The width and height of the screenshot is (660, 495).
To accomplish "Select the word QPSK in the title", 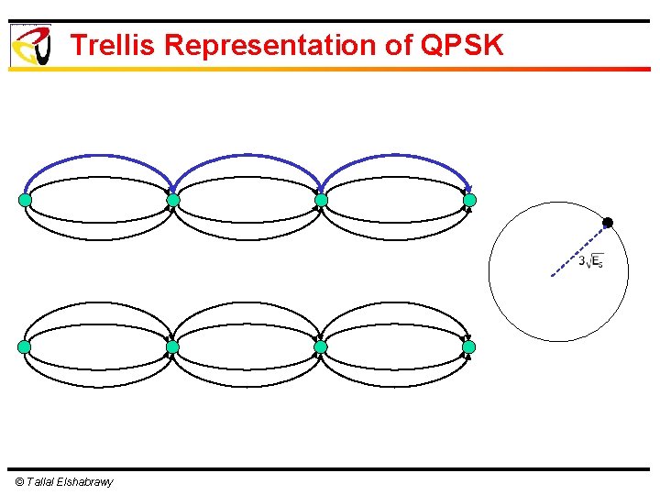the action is pos(463,45).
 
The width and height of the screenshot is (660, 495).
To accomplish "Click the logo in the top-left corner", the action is pos(30,45).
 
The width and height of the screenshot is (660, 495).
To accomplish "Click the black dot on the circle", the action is pos(607,223).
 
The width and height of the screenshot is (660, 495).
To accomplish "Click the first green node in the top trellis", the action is pos(25,200).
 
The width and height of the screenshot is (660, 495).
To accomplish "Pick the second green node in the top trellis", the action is pos(172,200).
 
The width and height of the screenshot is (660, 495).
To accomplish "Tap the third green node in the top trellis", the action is pos(321,200).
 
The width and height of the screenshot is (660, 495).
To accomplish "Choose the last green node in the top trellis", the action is pos(469,200).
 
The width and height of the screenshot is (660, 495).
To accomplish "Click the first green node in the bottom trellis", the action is pos(25,347).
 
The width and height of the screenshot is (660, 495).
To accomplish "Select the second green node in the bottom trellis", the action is pos(172,347).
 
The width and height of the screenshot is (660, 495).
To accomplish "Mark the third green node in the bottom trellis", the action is pos(321,347).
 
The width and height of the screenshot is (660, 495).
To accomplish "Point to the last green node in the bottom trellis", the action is pos(469,347).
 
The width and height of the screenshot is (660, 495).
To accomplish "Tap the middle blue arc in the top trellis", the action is pos(247,157).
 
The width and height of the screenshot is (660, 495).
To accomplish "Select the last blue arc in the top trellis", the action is pos(395,157).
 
